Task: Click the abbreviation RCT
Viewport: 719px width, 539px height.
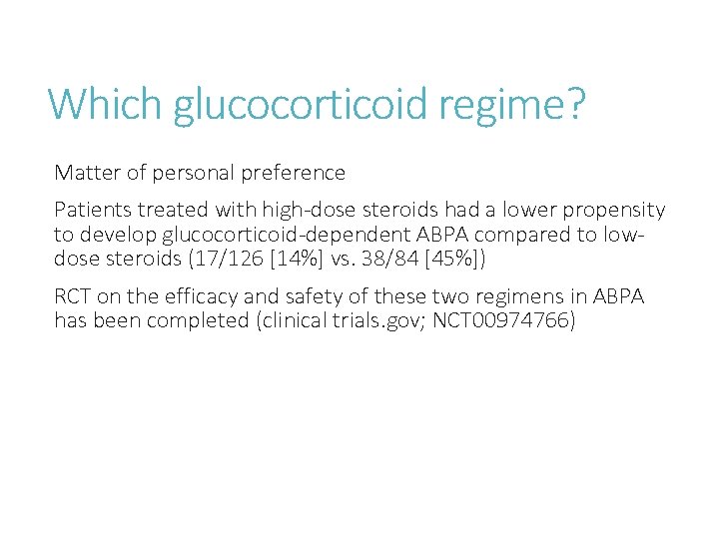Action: coord(73,296)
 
